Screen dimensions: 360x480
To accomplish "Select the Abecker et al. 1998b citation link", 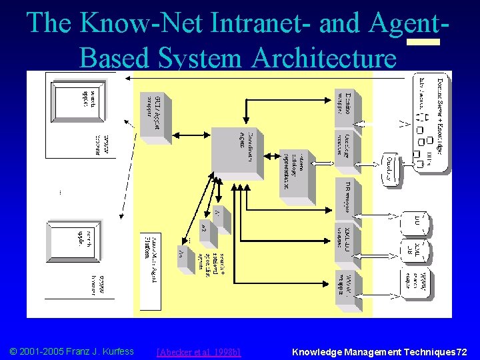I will tap(198, 351).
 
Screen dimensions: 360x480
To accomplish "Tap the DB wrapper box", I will tap(345, 193).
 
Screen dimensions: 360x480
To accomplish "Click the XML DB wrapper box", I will tap(345, 237).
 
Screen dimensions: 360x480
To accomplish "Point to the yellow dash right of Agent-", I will tap(423, 41).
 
